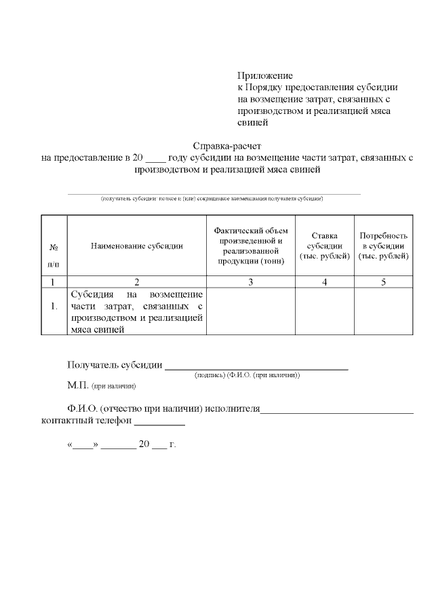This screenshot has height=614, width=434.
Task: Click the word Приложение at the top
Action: click(x=265, y=76)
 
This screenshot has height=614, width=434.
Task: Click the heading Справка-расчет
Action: click(x=226, y=145)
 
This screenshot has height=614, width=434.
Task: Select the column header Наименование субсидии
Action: click(x=137, y=246)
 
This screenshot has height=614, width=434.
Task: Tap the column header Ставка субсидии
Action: click(x=324, y=246)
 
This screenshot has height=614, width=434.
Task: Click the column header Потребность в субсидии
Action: click(x=383, y=246)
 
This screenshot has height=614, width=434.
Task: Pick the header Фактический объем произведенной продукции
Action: click(x=250, y=246)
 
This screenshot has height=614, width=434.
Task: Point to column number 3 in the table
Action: click(x=250, y=282)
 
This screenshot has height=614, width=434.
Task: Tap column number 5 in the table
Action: click(x=383, y=282)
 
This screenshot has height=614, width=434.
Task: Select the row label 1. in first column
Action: click(x=54, y=307)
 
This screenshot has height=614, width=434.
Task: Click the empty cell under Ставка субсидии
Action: click(x=324, y=311)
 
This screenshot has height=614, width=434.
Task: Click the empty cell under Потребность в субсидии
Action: click(x=383, y=311)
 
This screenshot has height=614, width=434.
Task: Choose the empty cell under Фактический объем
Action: click(x=250, y=311)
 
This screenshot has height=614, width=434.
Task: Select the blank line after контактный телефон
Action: click(x=159, y=423)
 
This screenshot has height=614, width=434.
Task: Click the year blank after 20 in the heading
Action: click(x=155, y=159)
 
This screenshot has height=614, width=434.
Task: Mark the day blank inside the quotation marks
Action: click(x=83, y=448)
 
